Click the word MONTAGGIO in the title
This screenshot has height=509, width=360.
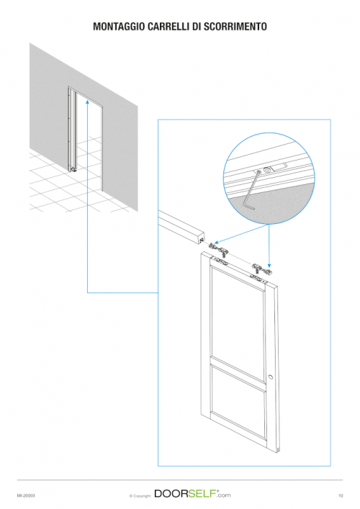119,27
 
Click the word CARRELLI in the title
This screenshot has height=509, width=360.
168,27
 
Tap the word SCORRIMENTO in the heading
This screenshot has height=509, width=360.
235,27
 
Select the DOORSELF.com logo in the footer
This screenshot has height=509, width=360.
192,494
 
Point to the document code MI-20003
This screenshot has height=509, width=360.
26,496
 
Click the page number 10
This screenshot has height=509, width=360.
341,496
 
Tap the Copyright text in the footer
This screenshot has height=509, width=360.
140,496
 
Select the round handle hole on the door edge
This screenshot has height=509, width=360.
271,377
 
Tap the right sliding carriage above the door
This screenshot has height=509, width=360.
261,269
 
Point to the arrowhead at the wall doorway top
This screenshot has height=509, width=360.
87,102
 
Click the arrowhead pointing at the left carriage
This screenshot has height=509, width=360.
216,242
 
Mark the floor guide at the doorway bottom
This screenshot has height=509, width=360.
73,169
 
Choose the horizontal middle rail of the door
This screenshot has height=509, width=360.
238,374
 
